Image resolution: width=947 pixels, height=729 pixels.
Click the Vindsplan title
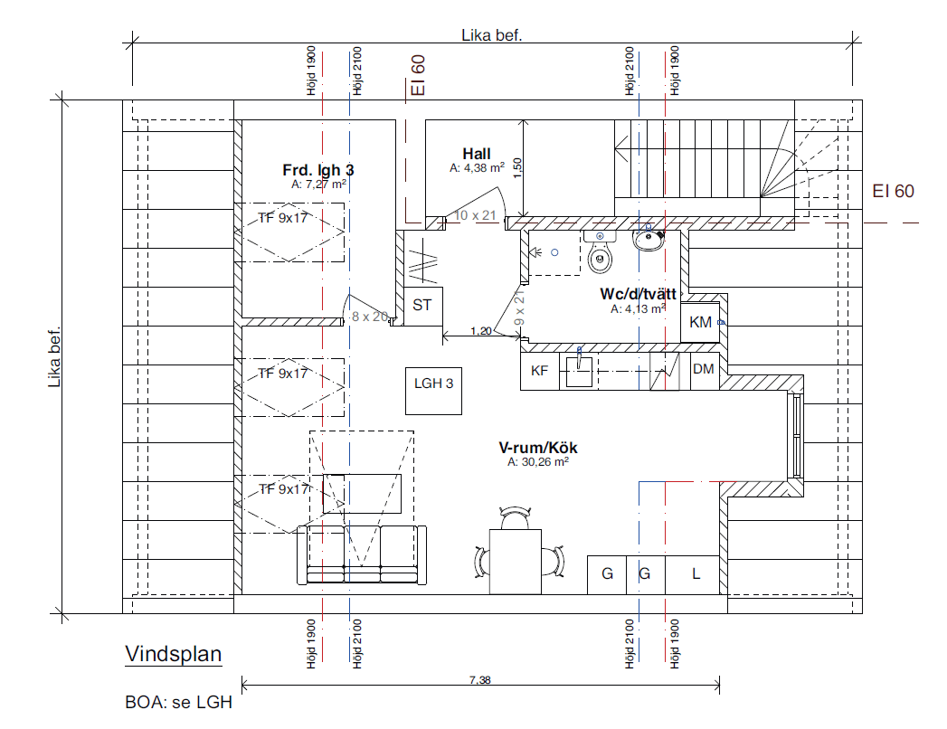[174, 654]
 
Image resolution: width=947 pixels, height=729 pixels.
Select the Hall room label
[477, 154]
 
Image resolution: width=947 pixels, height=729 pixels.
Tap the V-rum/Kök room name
[537, 448]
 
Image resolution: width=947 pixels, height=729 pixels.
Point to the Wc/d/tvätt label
[638, 294]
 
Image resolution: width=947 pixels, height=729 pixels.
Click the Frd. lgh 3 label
[318, 170]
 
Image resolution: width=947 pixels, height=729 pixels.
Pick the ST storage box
[422, 307]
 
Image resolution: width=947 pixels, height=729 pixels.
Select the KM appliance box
[701, 323]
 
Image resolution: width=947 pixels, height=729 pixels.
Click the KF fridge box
[539, 371]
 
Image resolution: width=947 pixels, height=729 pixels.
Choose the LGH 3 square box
[433, 391]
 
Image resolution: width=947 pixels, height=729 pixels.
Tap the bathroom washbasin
[649, 240]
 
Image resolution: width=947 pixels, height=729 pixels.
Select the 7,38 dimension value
[480, 680]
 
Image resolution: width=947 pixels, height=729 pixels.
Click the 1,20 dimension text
[481, 331]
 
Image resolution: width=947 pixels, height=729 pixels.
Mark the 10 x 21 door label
[476, 215]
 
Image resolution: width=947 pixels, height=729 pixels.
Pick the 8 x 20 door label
[370, 317]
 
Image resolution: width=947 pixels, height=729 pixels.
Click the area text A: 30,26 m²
[538, 462]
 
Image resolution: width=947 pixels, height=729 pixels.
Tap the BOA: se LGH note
[179, 703]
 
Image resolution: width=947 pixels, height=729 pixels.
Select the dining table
[516, 562]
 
